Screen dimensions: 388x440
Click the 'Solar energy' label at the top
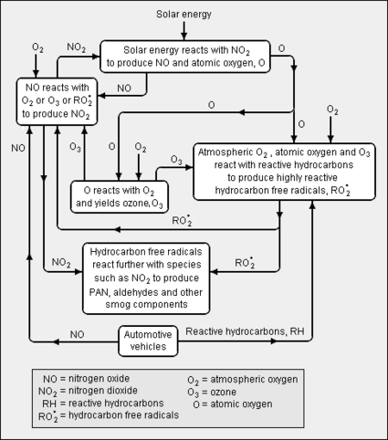[184, 15]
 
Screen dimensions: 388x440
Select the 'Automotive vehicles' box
[148, 340]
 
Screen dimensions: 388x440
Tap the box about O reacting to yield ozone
[120, 196]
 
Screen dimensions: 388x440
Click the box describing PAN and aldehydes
[146, 278]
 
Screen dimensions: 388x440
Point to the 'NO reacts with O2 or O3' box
[57, 101]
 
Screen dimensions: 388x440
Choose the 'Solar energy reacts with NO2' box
[185, 57]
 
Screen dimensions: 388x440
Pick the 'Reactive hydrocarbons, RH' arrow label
[245, 331]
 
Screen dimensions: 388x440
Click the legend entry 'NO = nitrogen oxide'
[87, 379]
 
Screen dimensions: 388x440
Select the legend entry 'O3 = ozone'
[212, 392]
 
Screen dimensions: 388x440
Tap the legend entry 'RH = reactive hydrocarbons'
[103, 403]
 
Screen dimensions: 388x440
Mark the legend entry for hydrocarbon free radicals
[109, 415]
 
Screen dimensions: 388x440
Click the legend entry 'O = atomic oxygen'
[233, 404]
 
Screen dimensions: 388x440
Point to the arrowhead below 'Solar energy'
[184, 37]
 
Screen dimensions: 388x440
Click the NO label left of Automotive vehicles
[77, 334]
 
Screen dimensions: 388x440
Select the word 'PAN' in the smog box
[100, 292]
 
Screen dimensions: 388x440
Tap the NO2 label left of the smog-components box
[61, 263]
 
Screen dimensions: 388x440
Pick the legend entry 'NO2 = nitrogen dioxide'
[88, 391]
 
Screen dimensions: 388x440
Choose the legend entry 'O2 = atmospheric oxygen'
[243, 380]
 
